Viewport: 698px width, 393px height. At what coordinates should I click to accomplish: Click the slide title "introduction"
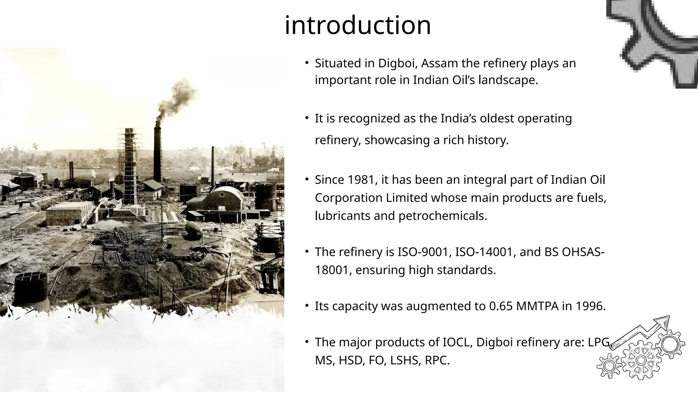pyautogui.click(x=358, y=25)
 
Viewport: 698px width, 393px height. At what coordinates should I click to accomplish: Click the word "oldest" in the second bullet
pyautogui.click(x=497, y=119)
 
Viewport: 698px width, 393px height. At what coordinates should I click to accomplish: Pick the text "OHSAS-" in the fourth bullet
pyautogui.click(x=583, y=252)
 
